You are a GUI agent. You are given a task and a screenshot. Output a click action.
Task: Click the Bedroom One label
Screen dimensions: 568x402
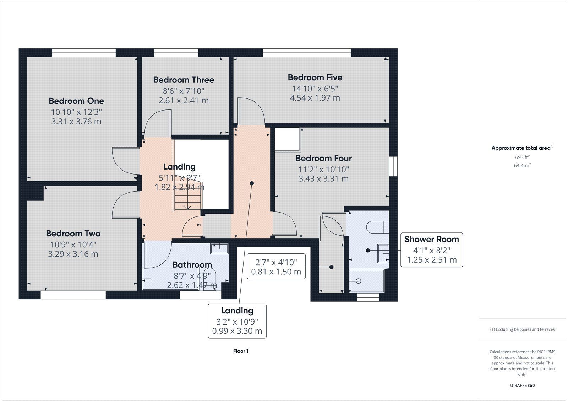click(x=76, y=101)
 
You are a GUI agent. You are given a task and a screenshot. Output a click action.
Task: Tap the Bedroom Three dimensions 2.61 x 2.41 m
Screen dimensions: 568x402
click(x=184, y=100)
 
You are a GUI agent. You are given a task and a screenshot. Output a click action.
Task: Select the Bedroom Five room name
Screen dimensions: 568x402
click(x=315, y=77)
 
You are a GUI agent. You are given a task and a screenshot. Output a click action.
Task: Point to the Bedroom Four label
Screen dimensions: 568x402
click(x=323, y=158)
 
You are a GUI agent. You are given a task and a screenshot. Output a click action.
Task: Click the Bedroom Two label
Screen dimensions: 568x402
click(x=73, y=234)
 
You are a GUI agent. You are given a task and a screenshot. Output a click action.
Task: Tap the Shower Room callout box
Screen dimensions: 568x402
click(x=432, y=250)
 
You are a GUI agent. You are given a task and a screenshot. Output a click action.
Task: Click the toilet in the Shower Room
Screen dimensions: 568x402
click(x=378, y=227)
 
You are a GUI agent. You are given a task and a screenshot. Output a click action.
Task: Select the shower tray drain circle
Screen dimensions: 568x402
click(x=358, y=281)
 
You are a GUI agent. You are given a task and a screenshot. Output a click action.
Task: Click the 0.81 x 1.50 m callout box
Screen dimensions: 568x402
click(x=276, y=266)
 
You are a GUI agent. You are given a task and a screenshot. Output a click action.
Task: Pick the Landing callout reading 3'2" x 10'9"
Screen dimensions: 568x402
click(x=237, y=321)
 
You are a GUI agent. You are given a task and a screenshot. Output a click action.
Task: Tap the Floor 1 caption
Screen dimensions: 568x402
click(x=241, y=351)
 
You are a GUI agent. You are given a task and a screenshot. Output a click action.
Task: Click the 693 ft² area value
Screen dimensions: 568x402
click(x=522, y=157)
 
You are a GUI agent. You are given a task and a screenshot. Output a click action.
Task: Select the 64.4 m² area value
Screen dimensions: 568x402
click(x=522, y=165)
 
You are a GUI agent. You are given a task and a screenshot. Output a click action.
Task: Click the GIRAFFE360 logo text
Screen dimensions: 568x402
click(x=522, y=385)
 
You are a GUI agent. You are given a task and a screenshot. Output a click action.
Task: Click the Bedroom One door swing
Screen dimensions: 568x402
click(x=126, y=161)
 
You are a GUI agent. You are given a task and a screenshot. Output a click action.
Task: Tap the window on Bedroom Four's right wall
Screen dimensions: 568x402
click(x=393, y=166)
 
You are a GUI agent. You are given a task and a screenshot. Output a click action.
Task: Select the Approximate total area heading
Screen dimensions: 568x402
click(x=522, y=148)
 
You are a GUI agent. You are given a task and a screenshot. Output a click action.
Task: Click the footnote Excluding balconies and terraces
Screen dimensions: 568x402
click(x=522, y=329)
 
